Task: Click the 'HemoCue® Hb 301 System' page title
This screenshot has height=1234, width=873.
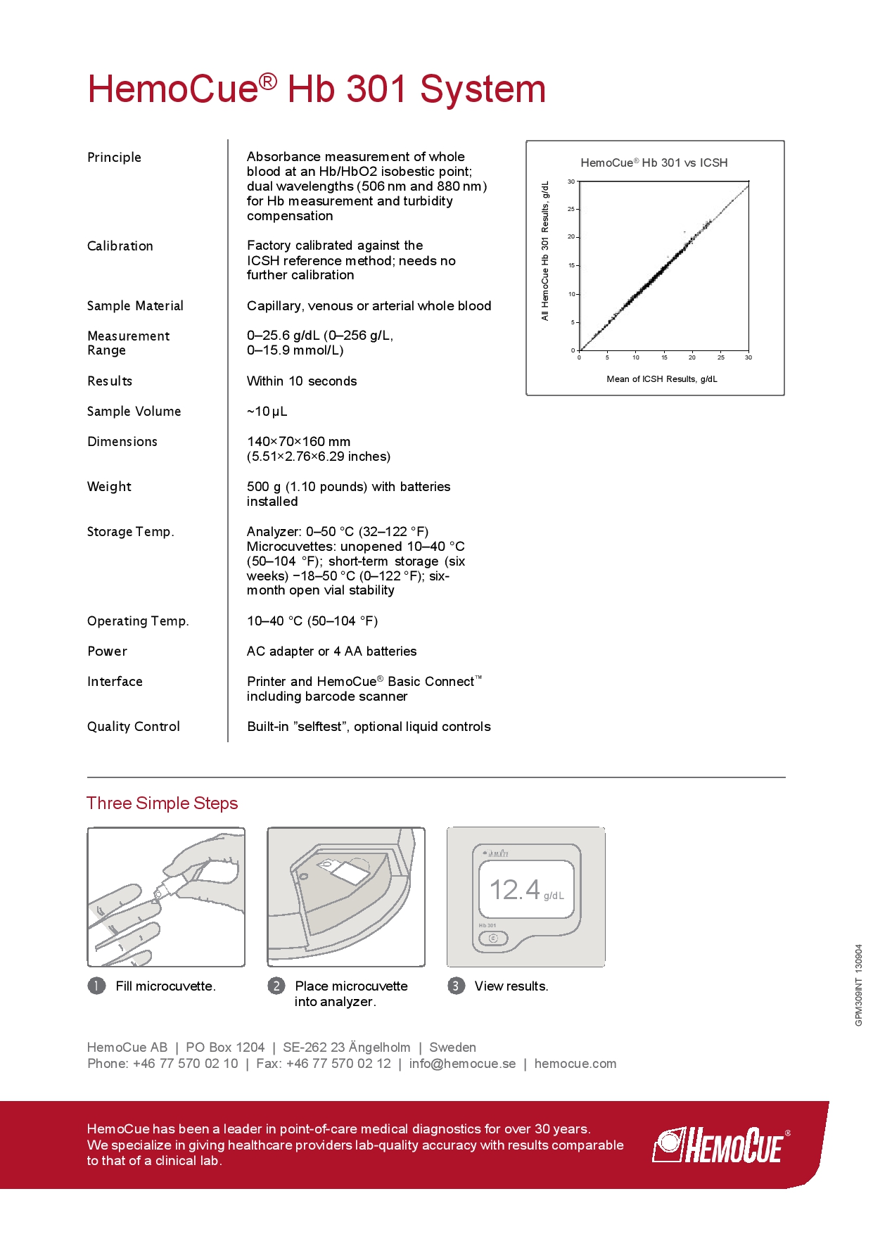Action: pos(317,89)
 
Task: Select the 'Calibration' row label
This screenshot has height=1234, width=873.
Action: pos(120,246)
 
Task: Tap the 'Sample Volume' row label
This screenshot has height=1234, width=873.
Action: pos(134,412)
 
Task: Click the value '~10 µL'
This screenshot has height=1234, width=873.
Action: pos(267,412)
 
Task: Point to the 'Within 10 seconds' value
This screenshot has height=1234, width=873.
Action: pos(302,381)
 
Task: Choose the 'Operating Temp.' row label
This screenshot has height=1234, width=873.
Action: pos(138,621)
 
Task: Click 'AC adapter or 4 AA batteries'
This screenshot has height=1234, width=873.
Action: pos(331,651)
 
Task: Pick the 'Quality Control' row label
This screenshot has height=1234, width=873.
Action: pos(134,727)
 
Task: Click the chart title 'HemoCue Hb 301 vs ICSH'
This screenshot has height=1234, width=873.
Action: pos(654,163)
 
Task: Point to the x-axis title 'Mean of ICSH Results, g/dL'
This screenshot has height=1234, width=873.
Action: pos(662,379)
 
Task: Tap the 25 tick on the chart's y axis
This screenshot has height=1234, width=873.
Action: pos(571,209)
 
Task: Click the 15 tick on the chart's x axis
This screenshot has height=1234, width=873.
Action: pos(664,357)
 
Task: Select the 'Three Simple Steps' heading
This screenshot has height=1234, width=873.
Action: pos(163,803)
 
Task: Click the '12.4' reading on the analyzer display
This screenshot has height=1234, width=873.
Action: pos(515,890)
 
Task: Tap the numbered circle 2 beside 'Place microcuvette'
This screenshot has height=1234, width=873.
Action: pos(276,986)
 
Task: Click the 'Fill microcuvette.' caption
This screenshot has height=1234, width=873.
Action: pos(165,986)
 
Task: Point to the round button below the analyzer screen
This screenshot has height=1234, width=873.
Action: pos(492,939)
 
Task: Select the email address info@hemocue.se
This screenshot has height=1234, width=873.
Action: pos(462,1064)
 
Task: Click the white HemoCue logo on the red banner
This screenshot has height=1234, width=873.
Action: pos(720,1145)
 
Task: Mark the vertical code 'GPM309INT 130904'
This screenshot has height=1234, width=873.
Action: pos(859,985)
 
